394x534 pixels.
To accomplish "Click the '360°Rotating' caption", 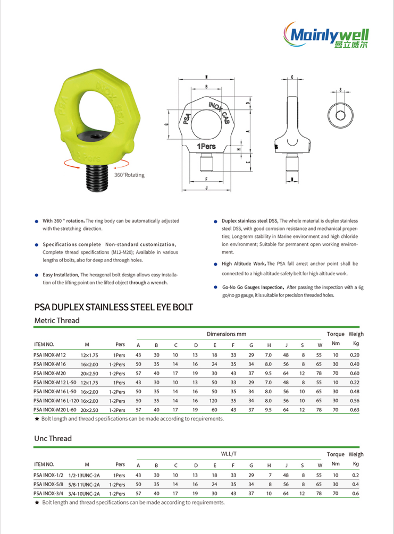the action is (129, 175).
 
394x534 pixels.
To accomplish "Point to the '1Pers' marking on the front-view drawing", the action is (206, 147).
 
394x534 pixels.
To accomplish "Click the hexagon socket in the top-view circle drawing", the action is (340, 115).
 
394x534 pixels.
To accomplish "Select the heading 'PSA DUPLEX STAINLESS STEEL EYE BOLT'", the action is (113, 307).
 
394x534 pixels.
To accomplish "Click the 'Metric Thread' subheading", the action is (57, 320).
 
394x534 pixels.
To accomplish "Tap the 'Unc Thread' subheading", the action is (53, 438).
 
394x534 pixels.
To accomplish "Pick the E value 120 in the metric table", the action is (214, 401).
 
